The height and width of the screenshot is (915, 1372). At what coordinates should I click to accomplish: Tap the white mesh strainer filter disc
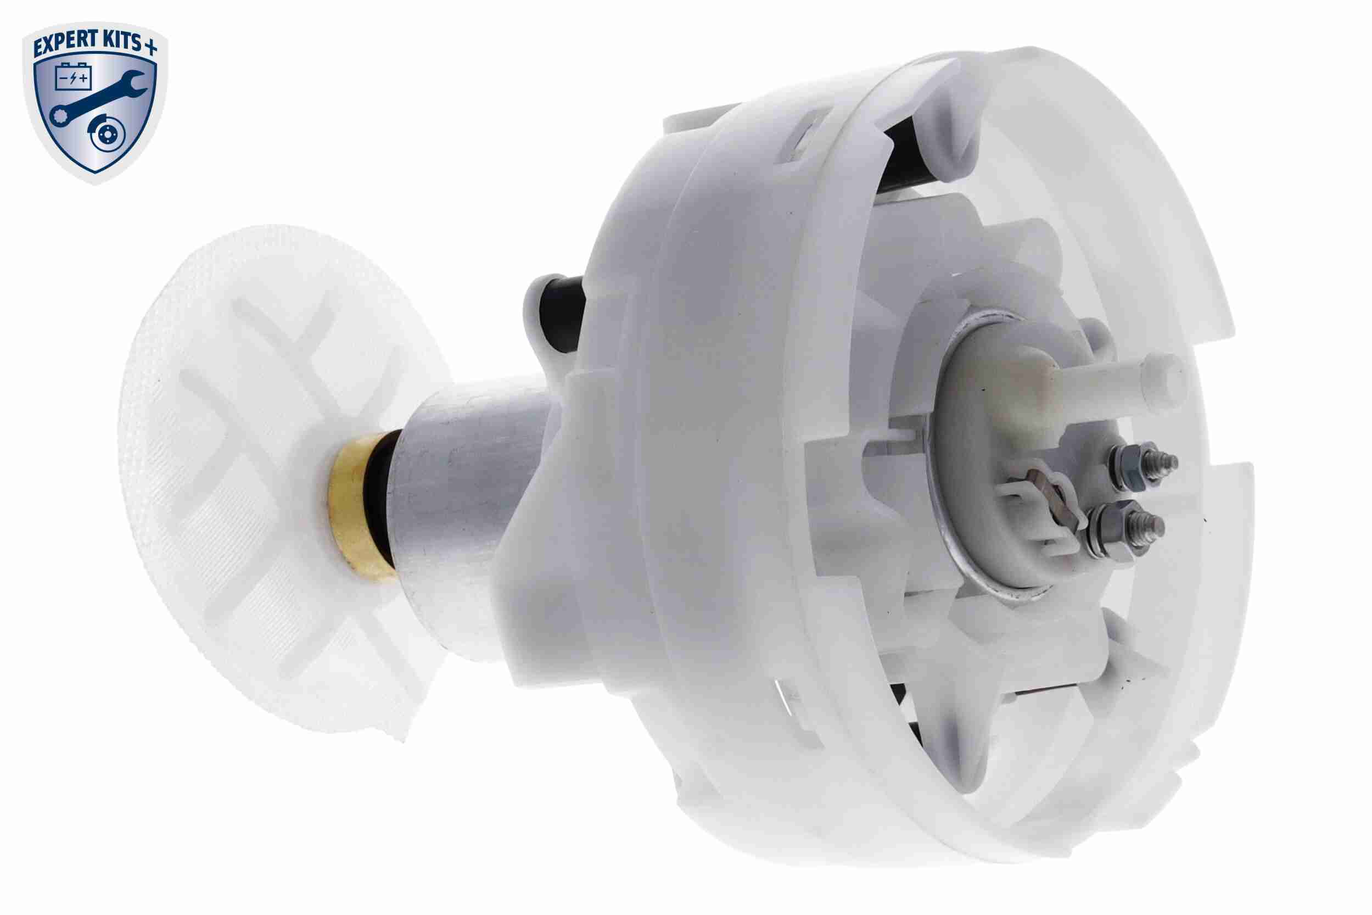click(x=257, y=478)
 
